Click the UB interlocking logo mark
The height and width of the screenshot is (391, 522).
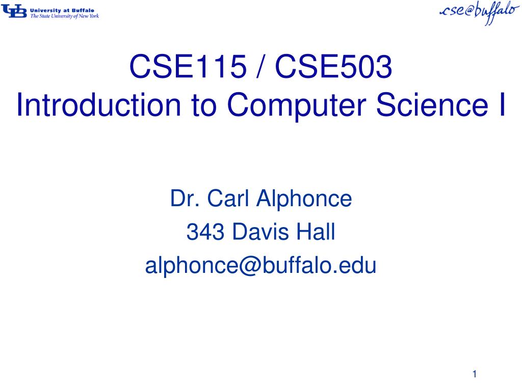[14, 12]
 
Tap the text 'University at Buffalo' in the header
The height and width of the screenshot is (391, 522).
[62, 10]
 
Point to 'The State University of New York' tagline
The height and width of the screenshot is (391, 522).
[65, 16]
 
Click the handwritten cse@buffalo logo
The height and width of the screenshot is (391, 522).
[479, 12]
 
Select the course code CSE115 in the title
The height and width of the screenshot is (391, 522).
[188, 67]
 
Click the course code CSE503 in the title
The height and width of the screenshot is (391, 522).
[333, 67]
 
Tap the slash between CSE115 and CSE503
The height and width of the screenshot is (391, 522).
[260, 67]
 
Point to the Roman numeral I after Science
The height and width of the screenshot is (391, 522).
[502, 104]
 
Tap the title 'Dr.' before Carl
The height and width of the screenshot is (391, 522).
[185, 199]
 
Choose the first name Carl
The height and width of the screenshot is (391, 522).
[228, 198]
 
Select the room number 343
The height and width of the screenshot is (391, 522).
[205, 232]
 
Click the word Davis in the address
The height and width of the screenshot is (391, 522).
[260, 232]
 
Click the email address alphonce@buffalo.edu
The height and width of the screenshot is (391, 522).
[260, 266]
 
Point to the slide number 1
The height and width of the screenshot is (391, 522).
[475, 374]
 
